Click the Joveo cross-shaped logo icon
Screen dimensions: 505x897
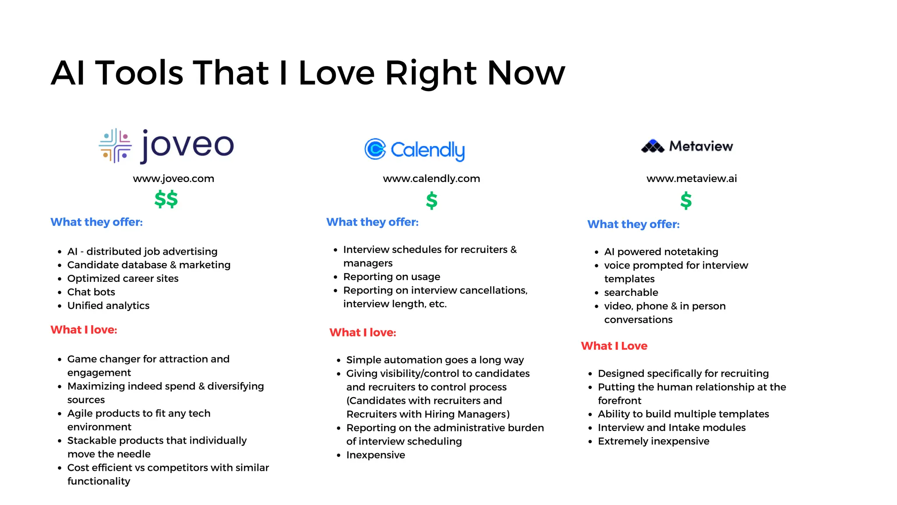pos(115,146)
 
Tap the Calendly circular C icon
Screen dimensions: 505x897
pos(375,149)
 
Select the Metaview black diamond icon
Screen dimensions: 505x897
pos(653,146)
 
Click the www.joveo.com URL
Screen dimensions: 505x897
pos(173,178)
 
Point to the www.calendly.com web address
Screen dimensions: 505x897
pos(431,178)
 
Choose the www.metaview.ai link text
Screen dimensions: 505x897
pos(692,178)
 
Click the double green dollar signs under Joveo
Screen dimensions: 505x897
pos(166,199)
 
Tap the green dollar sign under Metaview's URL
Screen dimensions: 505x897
pos(686,201)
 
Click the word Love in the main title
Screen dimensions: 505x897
pos(336,73)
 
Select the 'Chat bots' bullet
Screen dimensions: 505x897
pos(91,292)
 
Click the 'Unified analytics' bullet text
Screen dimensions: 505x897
pos(108,306)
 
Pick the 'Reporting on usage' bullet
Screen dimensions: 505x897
pos(392,277)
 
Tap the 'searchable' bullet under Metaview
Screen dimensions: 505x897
pos(631,292)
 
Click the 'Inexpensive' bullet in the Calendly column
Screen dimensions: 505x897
pos(375,455)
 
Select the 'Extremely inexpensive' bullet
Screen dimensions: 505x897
pos(653,441)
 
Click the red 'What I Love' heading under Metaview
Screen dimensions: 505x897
pos(614,346)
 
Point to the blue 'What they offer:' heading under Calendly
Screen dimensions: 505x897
pos(372,222)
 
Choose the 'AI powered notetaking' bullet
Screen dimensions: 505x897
pos(661,252)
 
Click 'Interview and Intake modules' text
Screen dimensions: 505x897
pos(671,427)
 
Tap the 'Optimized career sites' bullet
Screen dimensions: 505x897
pos(123,278)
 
